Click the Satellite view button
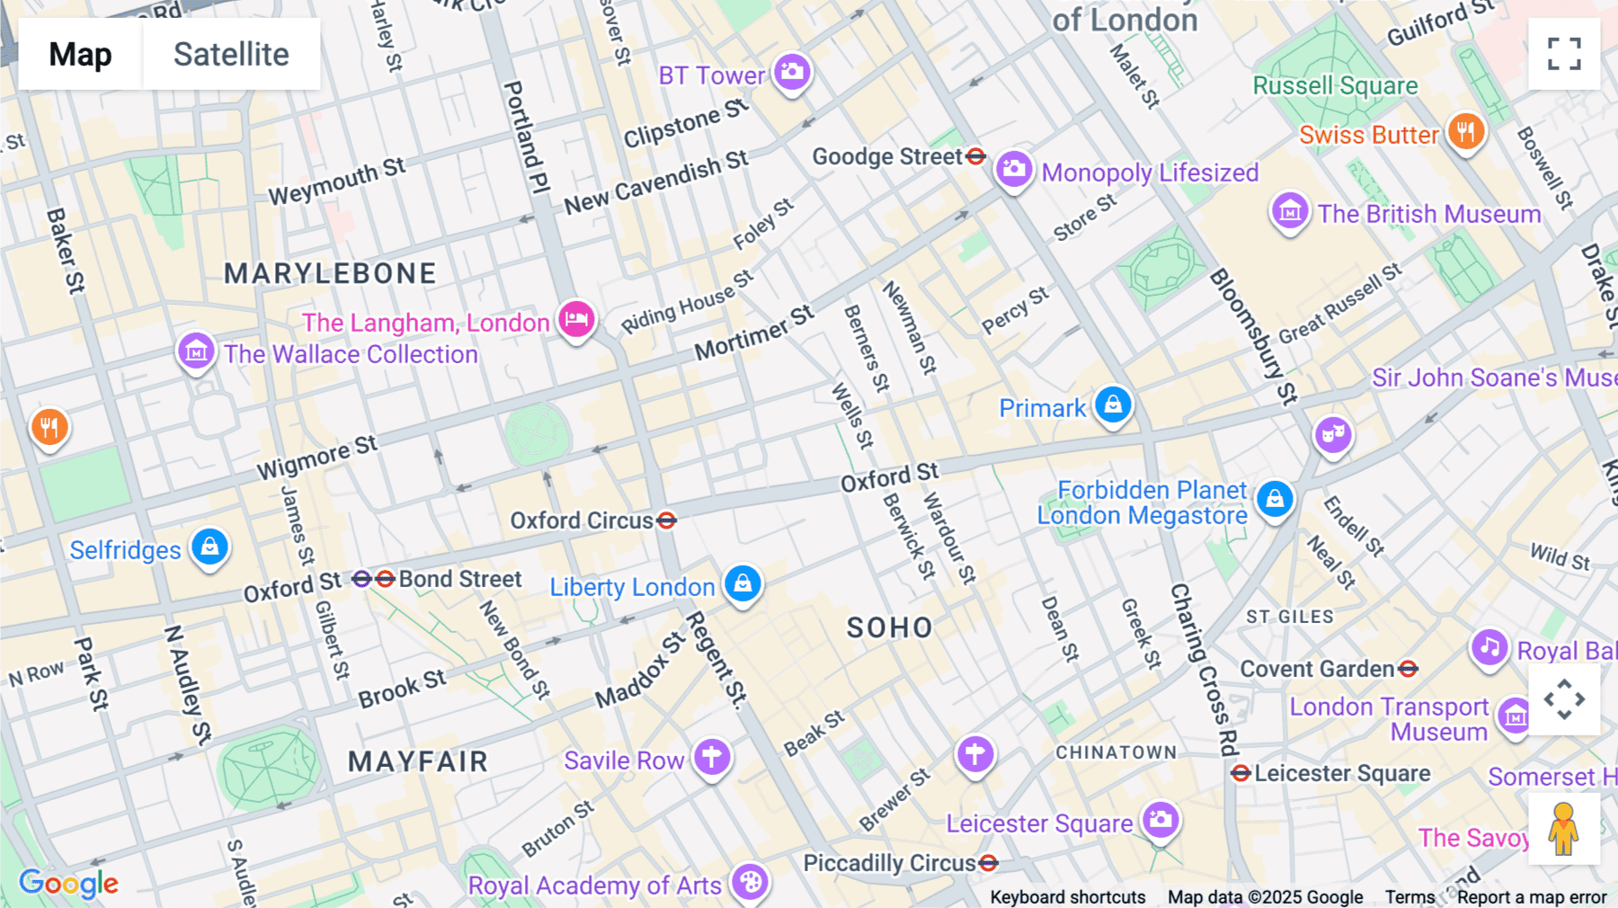click(x=231, y=54)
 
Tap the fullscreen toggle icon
click(x=1564, y=54)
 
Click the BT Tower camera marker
click(x=792, y=72)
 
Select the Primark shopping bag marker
click(x=1113, y=405)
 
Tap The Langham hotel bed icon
click(x=576, y=319)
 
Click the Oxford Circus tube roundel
click(x=666, y=521)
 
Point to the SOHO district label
click(x=889, y=628)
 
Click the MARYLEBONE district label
click(x=330, y=273)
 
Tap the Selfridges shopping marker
click(x=209, y=547)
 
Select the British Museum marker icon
click(x=1290, y=211)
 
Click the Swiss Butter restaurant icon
click(x=1466, y=132)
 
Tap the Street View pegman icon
click(x=1564, y=829)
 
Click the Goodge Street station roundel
click(x=975, y=156)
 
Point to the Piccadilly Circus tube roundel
click(x=989, y=863)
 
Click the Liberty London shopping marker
click(x=742, y=584)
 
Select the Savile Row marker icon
click(x=712, y=757)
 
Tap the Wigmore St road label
click(x=316, y=458)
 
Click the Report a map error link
click(x=1532, y=897)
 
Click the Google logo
click(x=68, y=883)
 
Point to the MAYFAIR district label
click(x=418, y=762)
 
